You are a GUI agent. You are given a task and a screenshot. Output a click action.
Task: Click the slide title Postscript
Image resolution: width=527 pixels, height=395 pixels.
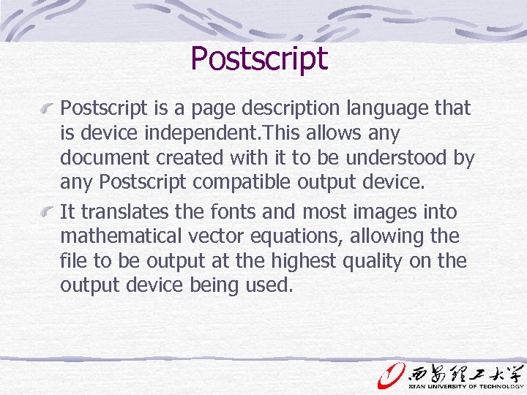pos(259,59)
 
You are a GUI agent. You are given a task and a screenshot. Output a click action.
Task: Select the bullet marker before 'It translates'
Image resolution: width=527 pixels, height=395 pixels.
pos(49,213)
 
